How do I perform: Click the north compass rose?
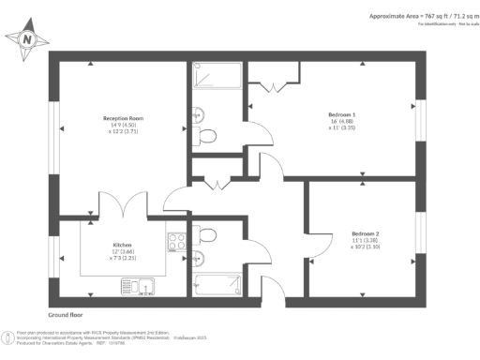click(x=27, y=39)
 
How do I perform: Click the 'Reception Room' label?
click(x=123, y=118)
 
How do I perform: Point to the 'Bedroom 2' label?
click(x=365, y=232)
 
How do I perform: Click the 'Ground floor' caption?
click(x=67, y=316)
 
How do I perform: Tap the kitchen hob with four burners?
click(x=176, y=243)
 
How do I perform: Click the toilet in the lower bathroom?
click(x=207, y=234)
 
